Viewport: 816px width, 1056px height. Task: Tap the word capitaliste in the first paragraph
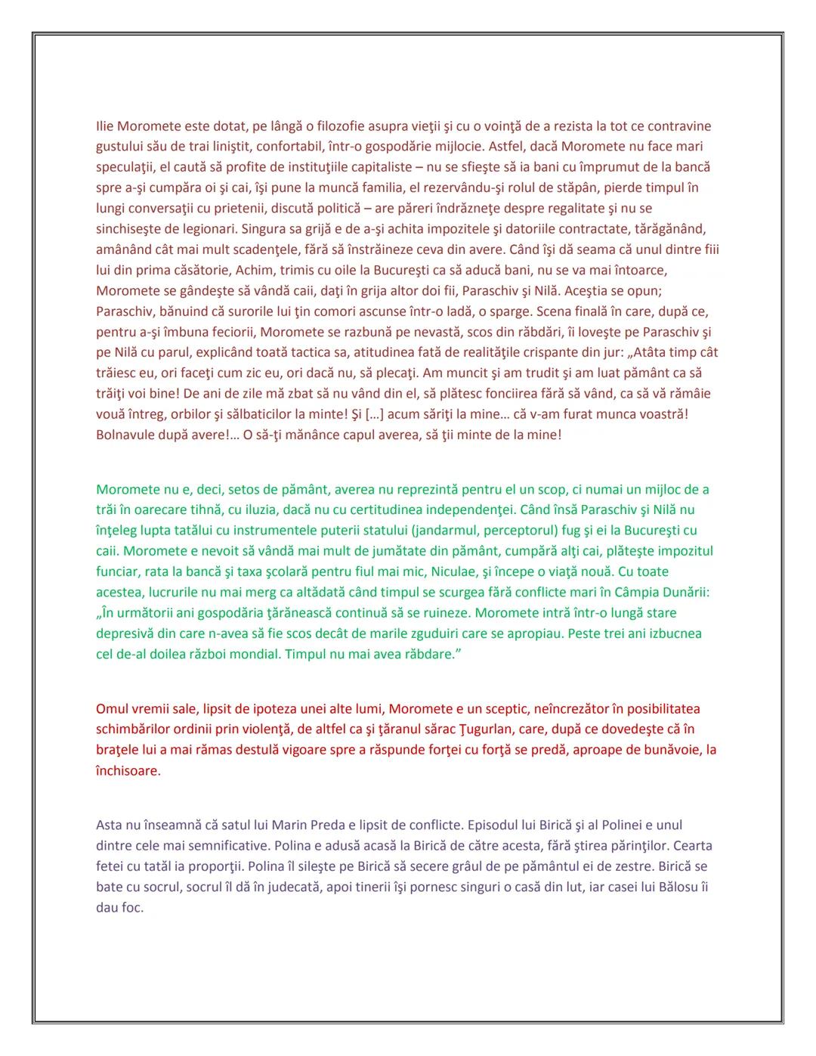pyautogui.click(x=376, y=167)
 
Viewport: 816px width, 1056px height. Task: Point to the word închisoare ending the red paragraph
pyautogui.click(x=128, y=771)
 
